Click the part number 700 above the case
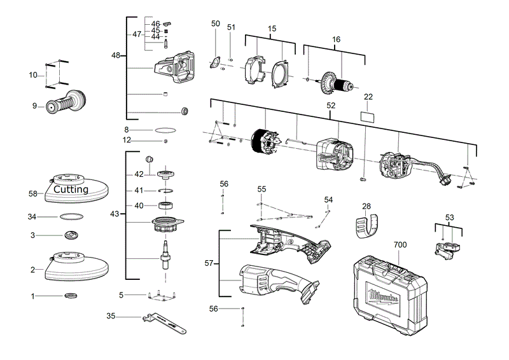pos(400,244)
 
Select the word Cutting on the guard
pos(71,190)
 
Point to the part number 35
pos(111,316)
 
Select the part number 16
pos(337,39)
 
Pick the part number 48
pos(115,55)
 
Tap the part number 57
pos(209,263)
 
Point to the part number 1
pos(33,296)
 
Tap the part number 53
pos(450,218)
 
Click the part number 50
pos(216,24)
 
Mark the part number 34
pos(32,217)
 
